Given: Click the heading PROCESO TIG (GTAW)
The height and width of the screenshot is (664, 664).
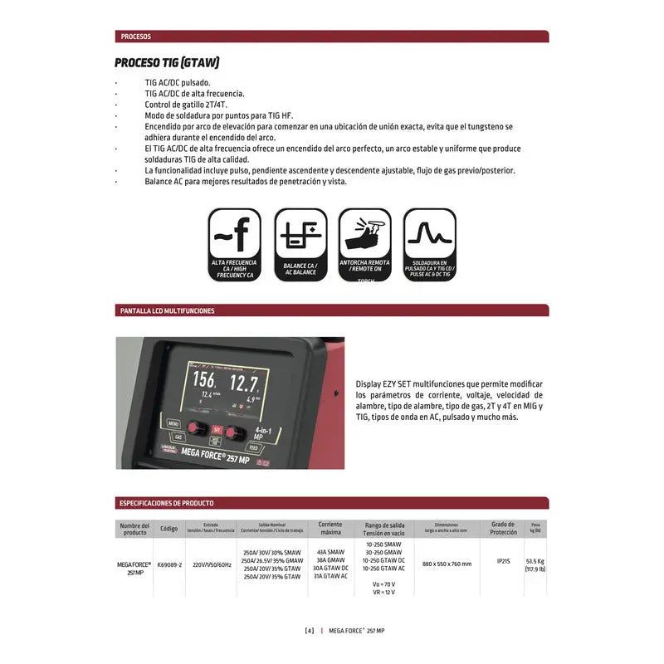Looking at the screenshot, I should tap(167, 63).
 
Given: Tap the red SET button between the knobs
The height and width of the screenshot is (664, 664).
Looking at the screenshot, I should tap(217, 429).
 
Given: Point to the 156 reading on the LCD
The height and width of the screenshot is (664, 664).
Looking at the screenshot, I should tap(204, 380).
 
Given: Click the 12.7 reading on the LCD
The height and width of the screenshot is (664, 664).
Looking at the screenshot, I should tap(244, 383).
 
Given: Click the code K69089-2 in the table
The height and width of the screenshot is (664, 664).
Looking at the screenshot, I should tap(169, 564).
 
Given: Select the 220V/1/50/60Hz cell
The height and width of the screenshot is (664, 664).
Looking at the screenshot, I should tap(209, 564).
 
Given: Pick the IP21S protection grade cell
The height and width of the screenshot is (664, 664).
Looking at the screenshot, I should tap(503, 562).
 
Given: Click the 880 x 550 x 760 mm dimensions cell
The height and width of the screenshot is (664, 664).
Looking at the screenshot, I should tap(446, 564).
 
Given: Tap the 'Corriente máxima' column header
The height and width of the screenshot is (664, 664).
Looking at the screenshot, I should tap(330, 529).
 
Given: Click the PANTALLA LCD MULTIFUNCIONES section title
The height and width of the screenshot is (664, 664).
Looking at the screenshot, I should tap(168, 310).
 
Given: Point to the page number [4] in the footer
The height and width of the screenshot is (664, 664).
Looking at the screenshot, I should tap(310, 631).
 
